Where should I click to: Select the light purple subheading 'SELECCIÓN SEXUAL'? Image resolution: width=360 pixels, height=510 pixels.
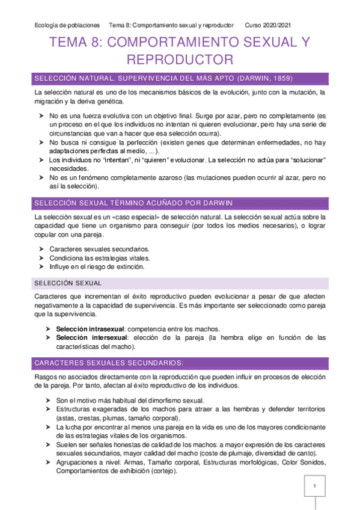[x=68, y=283]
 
